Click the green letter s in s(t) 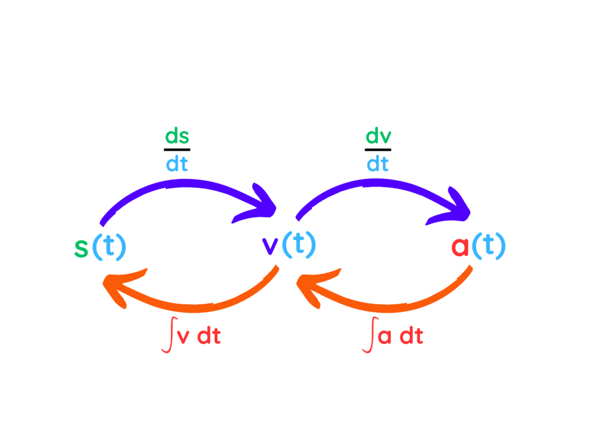pyautogui.click(x=81, y=248)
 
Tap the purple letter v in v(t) pyautogui.click(x=270, y=247)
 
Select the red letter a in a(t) pyautogui.click(x=460, y=247)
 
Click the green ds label pyautogui.click(x=177, y=137)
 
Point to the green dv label pyautogui.click(x=378, y=137)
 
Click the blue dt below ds pyautogui.click(x=177, y=165)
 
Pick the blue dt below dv pyautogui.click(x=378, y=165)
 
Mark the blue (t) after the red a pyautogui.click(x=489, y=247)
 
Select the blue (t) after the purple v pyautogui.click(x=299, y=247)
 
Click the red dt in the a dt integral pyautogui.click(x=411, y=337)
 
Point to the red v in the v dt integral pyautogui.click(x=183, y=338)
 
